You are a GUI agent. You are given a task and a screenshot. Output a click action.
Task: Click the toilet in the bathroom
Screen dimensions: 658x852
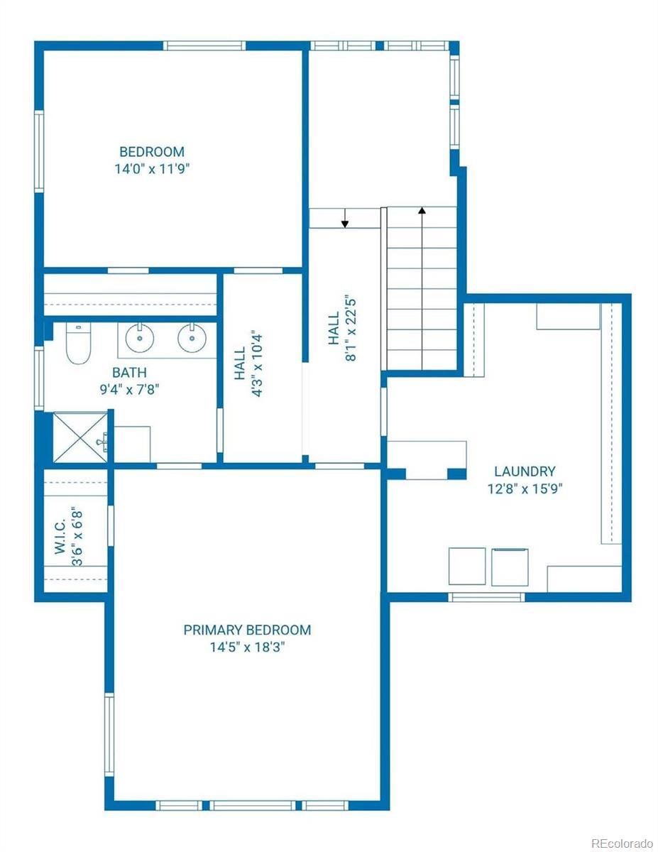(78, 343)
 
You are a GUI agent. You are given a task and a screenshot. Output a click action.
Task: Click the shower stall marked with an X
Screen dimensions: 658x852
(80, 437)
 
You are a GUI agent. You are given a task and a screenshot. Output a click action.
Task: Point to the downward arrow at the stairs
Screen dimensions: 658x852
(344, 218)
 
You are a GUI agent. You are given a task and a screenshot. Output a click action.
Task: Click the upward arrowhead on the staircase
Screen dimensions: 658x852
(422, 211)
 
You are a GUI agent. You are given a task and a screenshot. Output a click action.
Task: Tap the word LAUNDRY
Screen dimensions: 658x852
(525, 471)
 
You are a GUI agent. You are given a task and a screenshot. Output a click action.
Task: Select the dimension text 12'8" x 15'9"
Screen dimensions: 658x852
(525, 488)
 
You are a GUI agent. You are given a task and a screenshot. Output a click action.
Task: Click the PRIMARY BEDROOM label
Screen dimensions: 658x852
(247, 630)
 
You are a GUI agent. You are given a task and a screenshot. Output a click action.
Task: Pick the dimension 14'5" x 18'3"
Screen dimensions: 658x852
(247, 647)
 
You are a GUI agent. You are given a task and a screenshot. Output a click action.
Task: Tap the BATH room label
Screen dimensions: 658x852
(129, 372)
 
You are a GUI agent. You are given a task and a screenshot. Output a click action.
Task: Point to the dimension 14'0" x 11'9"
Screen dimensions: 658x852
(152, 169)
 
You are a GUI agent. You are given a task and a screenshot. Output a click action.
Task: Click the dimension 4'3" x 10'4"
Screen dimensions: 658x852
(257, 363)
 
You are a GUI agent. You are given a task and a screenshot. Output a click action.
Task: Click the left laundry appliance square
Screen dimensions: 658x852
(467, 567)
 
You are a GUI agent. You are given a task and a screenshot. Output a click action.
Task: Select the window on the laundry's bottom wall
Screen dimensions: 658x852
(486, 597)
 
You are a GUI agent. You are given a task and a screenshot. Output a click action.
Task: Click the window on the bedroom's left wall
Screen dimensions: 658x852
(39, 151)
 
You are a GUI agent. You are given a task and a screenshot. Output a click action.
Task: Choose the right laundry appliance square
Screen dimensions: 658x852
(510, 567)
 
